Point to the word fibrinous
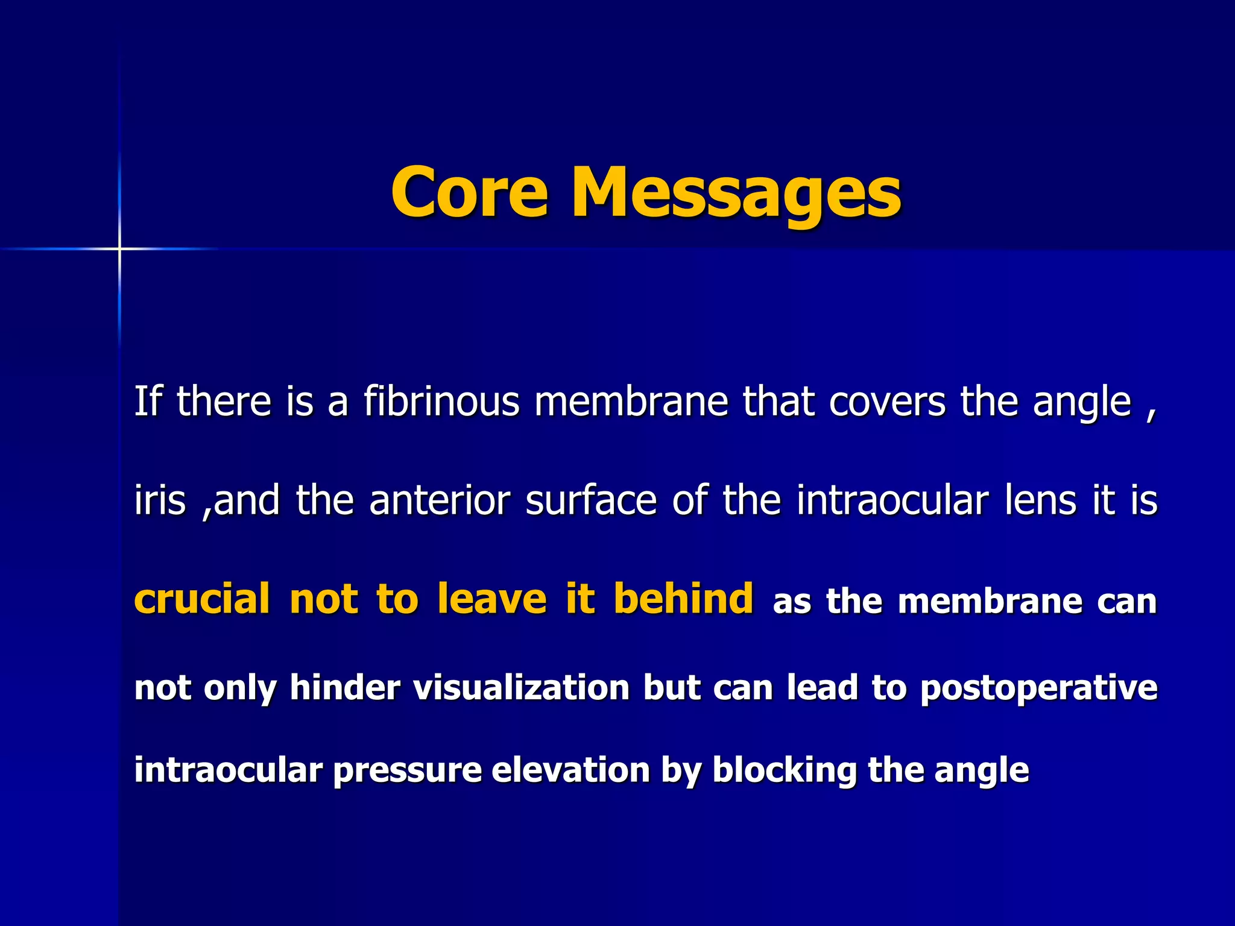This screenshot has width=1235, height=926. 441,402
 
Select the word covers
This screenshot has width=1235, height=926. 887,402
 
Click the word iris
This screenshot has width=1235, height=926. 160,500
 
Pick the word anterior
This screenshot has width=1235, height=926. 440,500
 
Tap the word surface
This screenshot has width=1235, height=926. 591,500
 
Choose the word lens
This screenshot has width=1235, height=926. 1040,500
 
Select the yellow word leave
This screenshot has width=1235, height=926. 492,599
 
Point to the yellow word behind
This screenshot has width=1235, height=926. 683,599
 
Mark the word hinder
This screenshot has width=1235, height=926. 345,688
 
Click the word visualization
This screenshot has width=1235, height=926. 522,688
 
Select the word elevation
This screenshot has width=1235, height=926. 570,770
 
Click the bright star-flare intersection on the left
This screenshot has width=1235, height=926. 119,248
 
